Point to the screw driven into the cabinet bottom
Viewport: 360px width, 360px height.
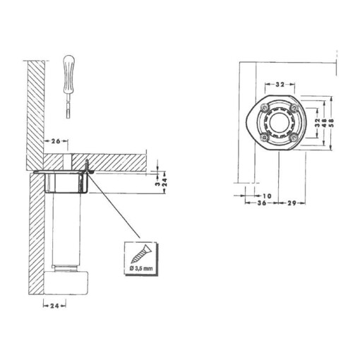pyautogui.click(x=88, y=168)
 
